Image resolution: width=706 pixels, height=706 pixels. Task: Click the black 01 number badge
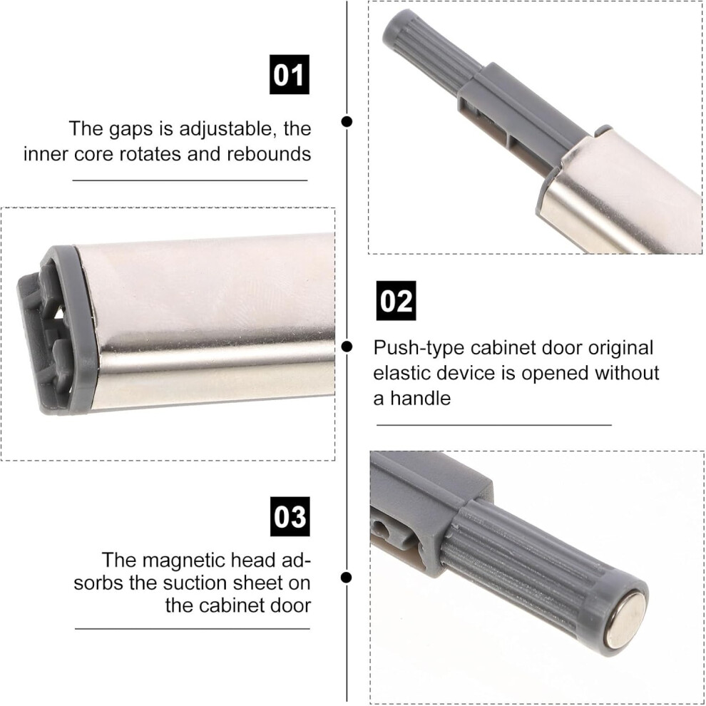point(289,74)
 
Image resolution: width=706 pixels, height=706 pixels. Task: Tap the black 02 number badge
point(396,300)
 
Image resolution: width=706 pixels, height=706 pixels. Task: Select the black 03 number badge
point(290,516)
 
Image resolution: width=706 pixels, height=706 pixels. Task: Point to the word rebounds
point(269,154)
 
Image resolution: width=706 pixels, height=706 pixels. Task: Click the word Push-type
point(419,349)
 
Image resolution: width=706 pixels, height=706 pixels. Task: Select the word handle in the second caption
point(421,398)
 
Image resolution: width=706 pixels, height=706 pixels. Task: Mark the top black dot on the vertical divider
point(347,121)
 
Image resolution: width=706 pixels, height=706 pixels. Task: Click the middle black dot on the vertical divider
point(347,347)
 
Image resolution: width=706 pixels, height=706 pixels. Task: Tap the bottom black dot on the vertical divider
point(347,577)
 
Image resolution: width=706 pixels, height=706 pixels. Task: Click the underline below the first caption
point(190,180)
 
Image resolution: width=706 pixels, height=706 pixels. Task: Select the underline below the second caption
point(494,424)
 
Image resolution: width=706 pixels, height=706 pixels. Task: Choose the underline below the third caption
point(193,628)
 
